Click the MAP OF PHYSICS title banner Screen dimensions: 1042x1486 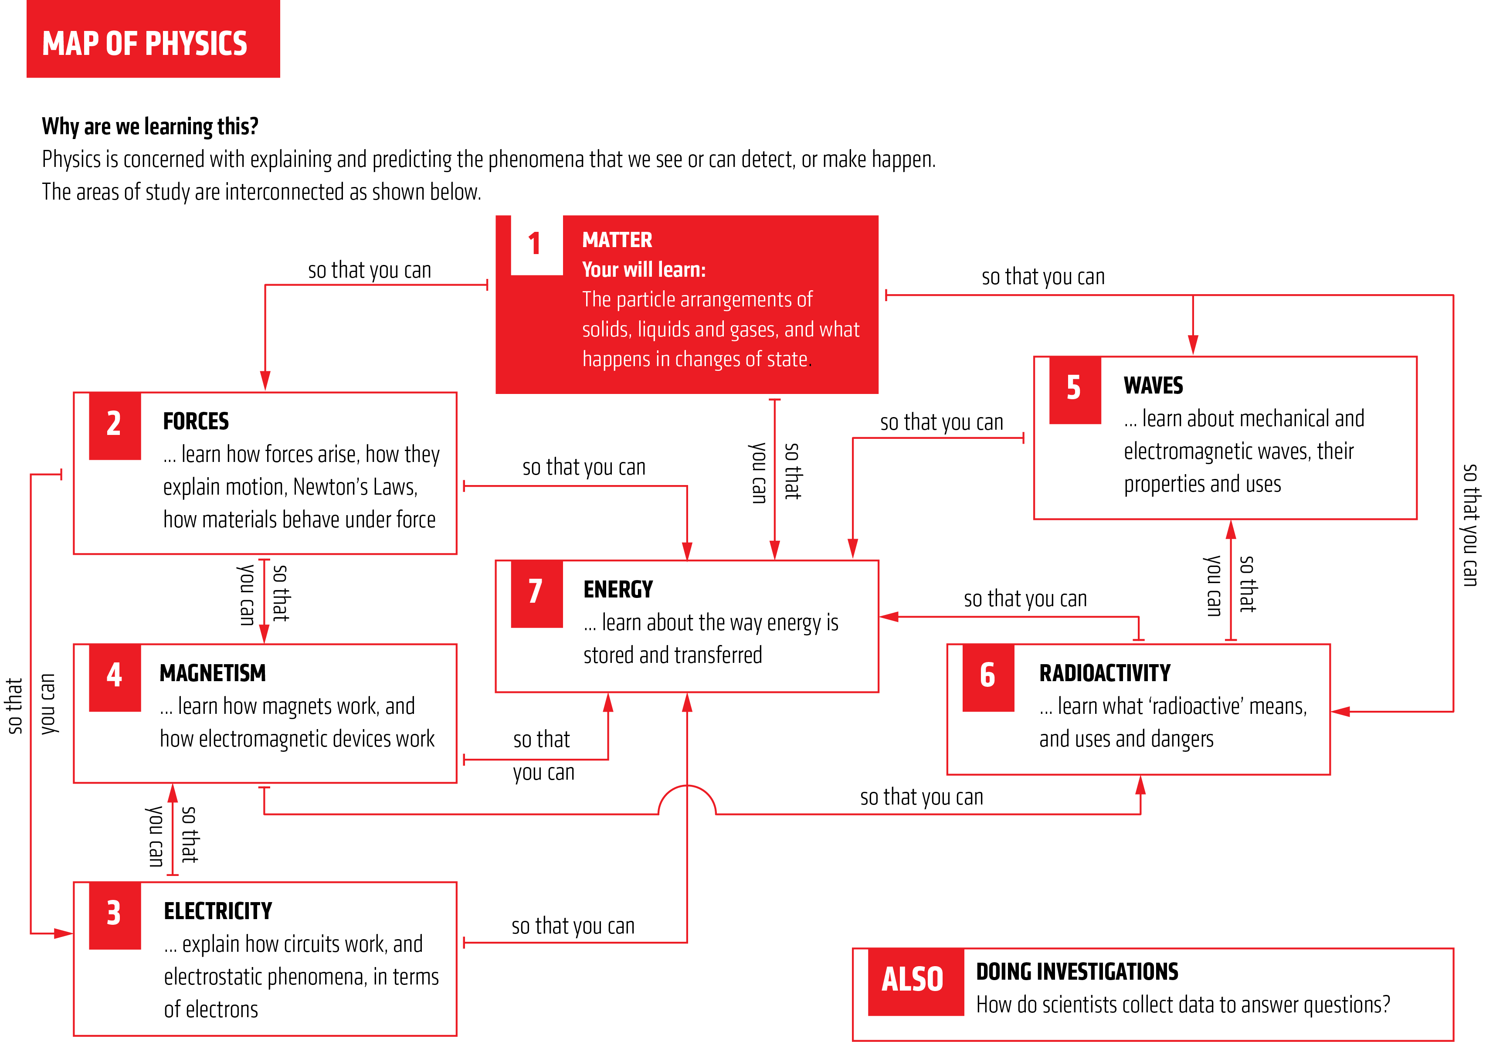[x=153, y=40]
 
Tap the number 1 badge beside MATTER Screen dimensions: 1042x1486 [x=536, y=244]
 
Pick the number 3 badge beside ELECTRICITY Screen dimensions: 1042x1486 [x=115, y=914]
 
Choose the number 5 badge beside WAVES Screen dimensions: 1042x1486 [x=1074, y=389]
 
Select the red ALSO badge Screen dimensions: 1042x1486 [x=913, y=980]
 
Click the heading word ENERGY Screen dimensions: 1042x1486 [x=618, y=590]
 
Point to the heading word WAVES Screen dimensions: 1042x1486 [x=1154, y=386]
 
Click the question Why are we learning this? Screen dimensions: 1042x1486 [x=150, y=126]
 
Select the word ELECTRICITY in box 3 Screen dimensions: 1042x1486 [x=218, y=911]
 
